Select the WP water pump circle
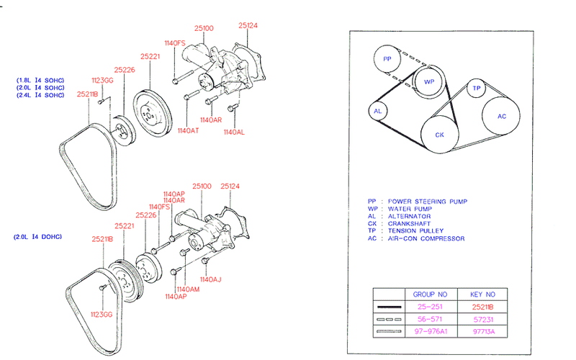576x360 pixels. coord(428,81)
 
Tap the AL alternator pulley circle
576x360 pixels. coord(378,112)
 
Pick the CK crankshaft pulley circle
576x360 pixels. coord(438,135)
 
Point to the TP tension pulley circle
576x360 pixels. coord(476,89)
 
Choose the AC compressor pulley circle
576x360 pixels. coord(502,115)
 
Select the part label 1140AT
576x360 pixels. coord(187,130)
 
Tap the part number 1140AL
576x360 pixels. coord(235,132)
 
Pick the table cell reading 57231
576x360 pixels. coord(483,319)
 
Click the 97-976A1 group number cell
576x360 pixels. coord(430,332)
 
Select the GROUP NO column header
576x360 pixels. coord(430,294)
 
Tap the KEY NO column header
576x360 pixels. coord(483,294)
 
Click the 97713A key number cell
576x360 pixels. coord(483,332)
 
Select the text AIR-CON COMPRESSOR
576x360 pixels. coord(426,238)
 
